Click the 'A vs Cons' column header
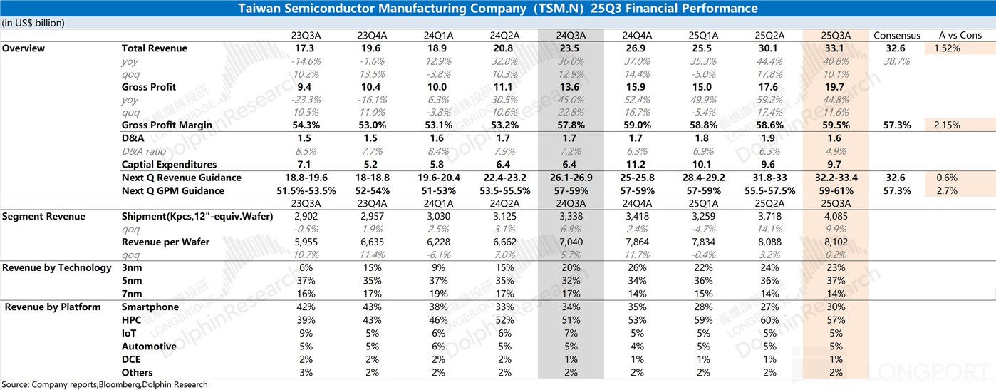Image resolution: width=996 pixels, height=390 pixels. [x=960, y=35]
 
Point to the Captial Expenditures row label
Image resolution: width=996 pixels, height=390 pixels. [x=169, y=165]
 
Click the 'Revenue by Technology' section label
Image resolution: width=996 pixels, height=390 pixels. [x=57, y=267]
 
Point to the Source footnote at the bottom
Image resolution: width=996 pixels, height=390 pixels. [x=105, y=384]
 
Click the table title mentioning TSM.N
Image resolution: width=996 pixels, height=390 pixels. [x=497, y=9]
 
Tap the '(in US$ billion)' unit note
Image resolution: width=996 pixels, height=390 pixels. [x=33, y=23]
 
